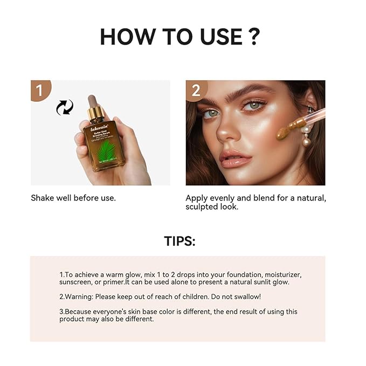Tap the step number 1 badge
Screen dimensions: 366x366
point(38,89)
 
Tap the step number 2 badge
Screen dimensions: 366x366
point(196,89)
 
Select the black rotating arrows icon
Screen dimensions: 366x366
point(65,107)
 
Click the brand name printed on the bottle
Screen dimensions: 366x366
point(100,129)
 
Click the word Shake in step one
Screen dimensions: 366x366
point(43,198)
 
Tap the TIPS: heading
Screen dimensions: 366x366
point(179,241)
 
